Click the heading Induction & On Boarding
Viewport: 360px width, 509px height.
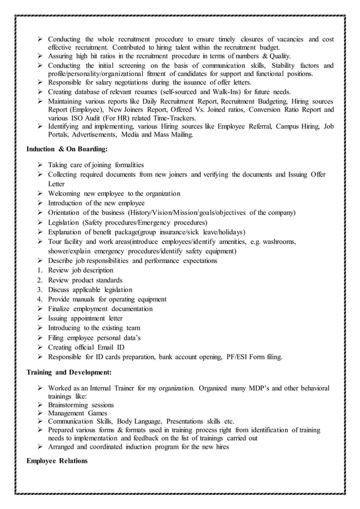(x=67, y=150)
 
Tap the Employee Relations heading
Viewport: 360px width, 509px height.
(x=57, y=460)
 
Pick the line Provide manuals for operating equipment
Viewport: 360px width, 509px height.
(x=107, y=299)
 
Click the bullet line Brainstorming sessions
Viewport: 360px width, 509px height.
(x=81, y=405)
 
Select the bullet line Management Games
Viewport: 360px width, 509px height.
(x=78, y=413)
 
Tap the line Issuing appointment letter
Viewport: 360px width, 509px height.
(x=86, y=318)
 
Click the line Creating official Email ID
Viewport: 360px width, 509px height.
(x=86, y=347)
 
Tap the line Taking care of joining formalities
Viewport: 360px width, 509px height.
(x=96, y=165)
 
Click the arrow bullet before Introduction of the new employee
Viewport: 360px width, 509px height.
(x=41, y=203)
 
